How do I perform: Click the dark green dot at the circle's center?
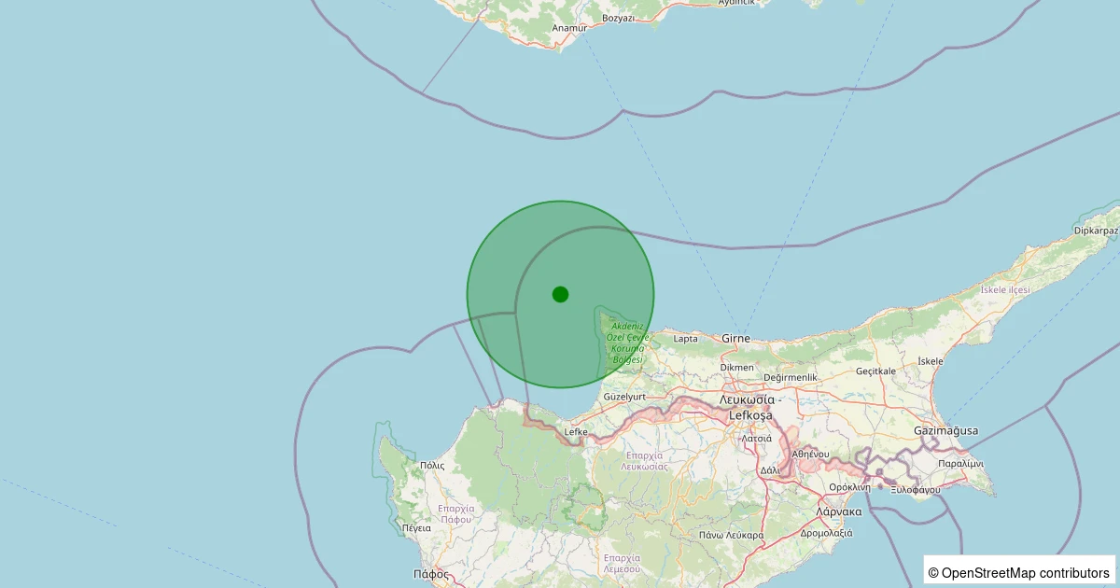[560, 294]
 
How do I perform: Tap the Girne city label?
[736, 339]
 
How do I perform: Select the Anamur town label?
[569, 28]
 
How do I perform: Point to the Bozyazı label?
[619, 19]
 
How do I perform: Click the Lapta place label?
[685, 339]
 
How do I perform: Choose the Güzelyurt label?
[625, 397]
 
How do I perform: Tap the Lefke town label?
[576, 432]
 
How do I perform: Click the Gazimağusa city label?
[946, 430]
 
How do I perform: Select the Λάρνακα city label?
[838, 512]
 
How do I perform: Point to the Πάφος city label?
[431, 574]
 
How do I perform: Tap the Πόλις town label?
[432, 465]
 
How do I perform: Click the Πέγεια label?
[416, 528]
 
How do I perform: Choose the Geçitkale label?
[877, 371]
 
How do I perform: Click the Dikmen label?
[737, 368]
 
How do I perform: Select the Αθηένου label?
[810, 454]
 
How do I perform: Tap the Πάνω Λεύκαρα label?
[731, 535]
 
